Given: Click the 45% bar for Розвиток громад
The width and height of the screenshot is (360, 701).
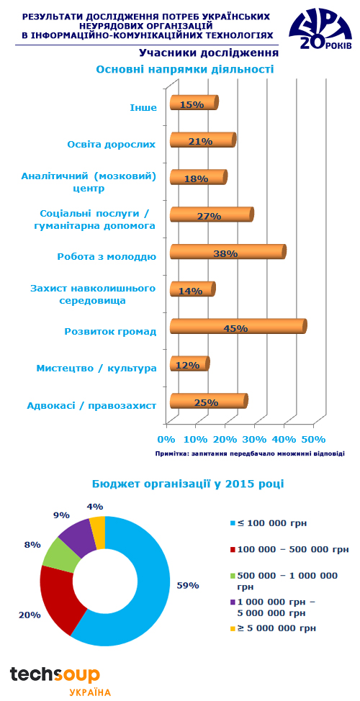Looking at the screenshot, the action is [238, 326].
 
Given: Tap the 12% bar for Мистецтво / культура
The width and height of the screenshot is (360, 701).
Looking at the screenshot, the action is [190, 363].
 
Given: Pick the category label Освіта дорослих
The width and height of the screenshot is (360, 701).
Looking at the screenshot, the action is [112, 145].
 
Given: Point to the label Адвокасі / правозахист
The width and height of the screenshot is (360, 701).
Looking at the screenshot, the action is [91, 406].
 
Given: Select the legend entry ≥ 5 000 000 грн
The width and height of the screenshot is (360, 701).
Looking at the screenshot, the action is [273, 628].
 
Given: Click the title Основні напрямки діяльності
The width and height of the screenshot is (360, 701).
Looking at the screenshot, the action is [185, 70].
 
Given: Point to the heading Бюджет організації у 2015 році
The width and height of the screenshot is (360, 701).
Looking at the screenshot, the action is [188, 484].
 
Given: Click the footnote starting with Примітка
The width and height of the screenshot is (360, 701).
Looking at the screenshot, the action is [250, 453].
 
